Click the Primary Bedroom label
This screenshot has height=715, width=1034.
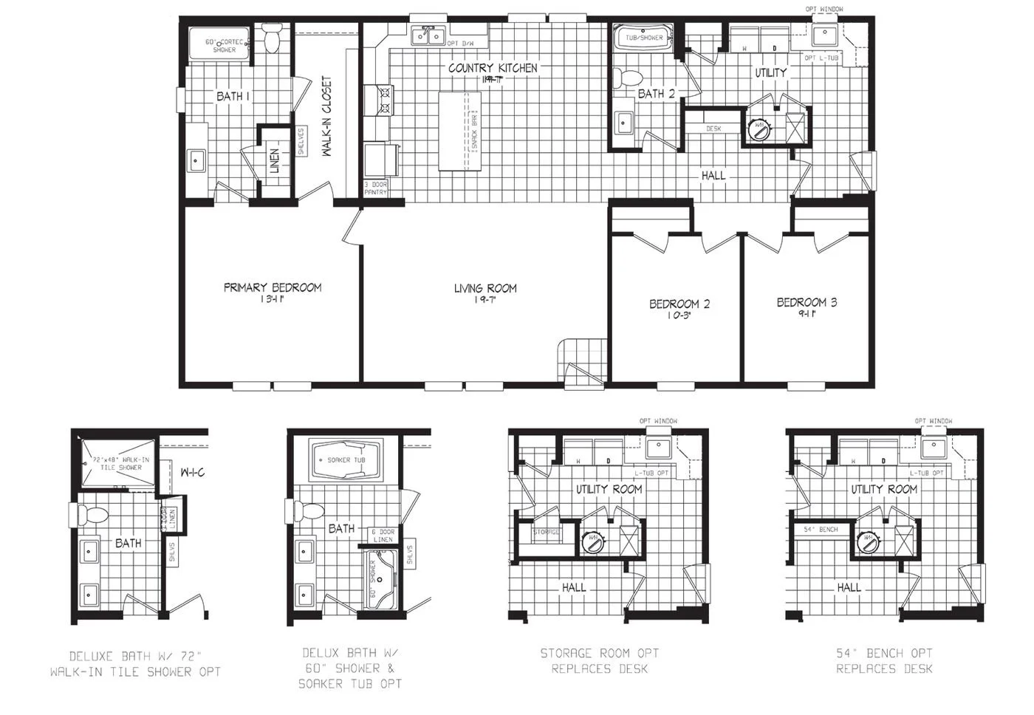273,287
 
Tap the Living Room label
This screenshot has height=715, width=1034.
485,288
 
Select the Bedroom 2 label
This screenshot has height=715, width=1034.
679,304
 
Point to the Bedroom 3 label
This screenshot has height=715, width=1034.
807,302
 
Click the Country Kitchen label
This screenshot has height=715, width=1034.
493,68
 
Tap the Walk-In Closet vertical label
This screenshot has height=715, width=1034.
326,117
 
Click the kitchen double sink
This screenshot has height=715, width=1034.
427,34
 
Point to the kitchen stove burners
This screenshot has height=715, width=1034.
384,100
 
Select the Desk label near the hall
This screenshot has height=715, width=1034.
713,129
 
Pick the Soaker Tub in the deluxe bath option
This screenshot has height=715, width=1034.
346,460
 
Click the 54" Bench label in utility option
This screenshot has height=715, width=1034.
821,530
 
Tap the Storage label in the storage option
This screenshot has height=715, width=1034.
547,532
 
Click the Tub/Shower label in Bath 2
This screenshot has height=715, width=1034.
644,37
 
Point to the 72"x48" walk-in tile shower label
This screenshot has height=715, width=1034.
120,463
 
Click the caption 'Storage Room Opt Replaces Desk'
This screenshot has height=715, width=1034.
599,661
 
